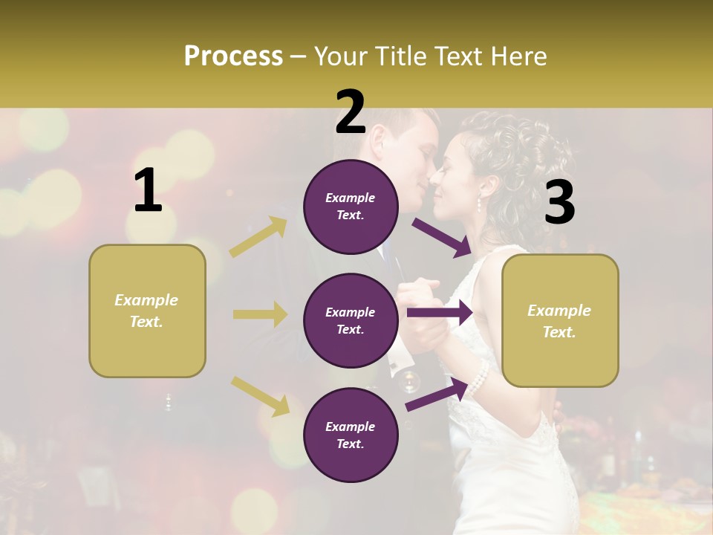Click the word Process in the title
pyautogui.click(x=233, y=56)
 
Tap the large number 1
pyautogui.click(x=148, y=191)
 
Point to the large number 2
pyautogui.click(x=351, y=112)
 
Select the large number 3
pyautogui.click(x=559, y=204)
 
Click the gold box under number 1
pyautogui.click(x=147, y=311)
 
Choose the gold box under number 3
pyautogui.click(x=560, y=320)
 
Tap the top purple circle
pyautogui.click(x=351, y=207)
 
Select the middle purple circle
pyautogui.click(x=351, y=320)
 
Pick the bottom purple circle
pyautogui.click(x=351, y=435)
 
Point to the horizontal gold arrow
pyautogui.click(x=260, y=314)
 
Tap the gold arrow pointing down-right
pyautogui.click(x=260, y=396)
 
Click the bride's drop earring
pyautogui.click(x=479, y=203)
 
